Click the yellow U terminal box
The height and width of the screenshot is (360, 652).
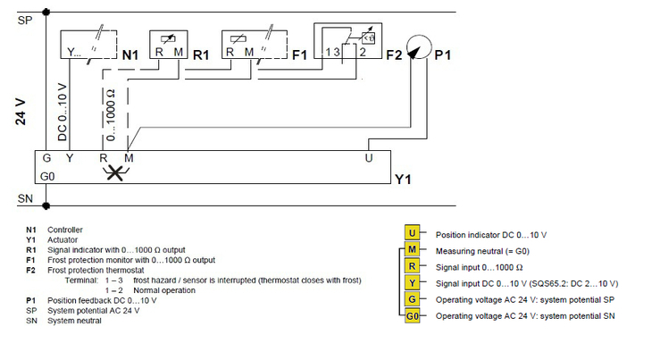point(412,233)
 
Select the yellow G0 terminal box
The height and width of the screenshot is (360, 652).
point(412,316)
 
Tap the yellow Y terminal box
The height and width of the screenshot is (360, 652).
point(412,282)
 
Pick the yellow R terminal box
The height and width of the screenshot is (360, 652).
point(412,266)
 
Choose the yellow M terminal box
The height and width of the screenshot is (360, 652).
point(412,249)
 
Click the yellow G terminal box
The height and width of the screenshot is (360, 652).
point(412,299)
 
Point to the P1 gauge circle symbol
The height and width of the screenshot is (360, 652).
point(419,47)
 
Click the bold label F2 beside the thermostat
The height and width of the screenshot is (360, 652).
point(394,54)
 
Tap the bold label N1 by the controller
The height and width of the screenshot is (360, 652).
point(130,54)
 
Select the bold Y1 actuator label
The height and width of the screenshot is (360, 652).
point(403,180)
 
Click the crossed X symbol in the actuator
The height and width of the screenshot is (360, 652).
point(115,172)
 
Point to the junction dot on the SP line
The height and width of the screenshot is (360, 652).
point(46,13)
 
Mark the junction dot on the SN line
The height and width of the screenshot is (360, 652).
point(46,205)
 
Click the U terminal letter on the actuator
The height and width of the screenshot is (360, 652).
point(368,158)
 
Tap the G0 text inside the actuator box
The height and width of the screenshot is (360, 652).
point(47,177)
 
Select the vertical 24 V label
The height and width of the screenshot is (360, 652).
point(21,113)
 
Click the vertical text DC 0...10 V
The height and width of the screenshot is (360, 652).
point(62,113)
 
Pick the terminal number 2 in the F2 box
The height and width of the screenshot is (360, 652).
point(363,52)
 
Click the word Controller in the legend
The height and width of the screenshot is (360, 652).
point(65,230)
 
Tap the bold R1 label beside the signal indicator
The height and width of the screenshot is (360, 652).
point(201,54)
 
